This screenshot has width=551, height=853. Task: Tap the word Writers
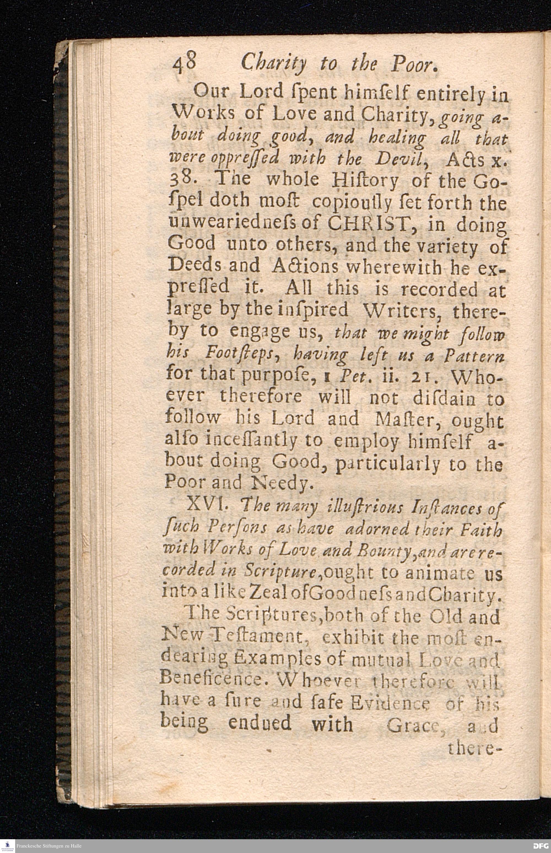click(x=401, y=310)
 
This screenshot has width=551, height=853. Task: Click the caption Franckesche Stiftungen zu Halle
click(x=49, y=846)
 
